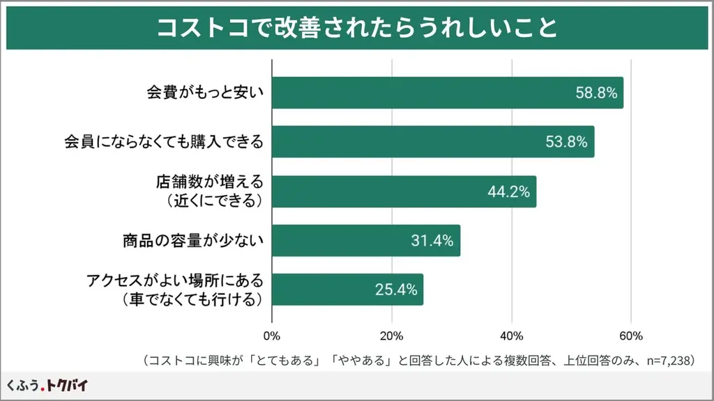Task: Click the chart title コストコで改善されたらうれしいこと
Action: point(356,28)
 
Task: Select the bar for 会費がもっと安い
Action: point(418,93)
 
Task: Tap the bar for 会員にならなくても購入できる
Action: point(404,142)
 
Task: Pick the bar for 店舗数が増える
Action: point(377,191)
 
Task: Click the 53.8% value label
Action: point(566,142)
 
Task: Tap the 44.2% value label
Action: point(508,191)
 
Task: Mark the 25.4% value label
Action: point(395,290)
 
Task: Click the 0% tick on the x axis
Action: point(272,336)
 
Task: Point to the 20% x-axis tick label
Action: point(392,336)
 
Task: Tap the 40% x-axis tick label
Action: point(512,336)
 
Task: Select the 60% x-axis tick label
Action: point(631,336)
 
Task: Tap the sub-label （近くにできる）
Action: point(209,200)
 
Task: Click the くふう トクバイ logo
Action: point(47,385)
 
